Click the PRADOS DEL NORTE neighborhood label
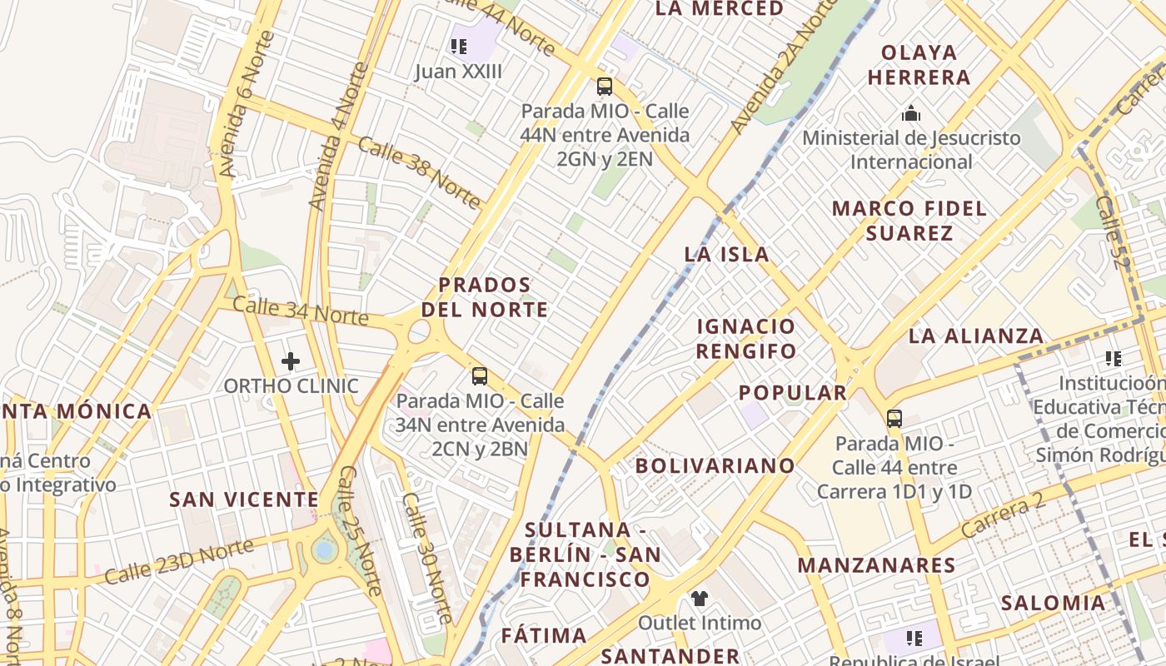click(x=485, y=297)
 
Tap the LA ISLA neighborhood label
click(x=726, y=255)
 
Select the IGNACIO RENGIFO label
click(x=746, y=338)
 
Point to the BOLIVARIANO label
click(x=715, y=465)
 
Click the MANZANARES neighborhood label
click(x=877, y=565)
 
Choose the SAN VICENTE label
click(x=244, y=499)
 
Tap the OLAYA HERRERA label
click(x=919, y=65)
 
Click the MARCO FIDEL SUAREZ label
click(x=909, y=221)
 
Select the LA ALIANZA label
click(x=976, y=336)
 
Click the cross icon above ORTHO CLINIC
click(x=291, y=361)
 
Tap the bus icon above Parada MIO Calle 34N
click(x=480, y=376)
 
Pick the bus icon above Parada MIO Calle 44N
click(x=605, y=86)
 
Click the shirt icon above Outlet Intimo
click(x=700, y=599)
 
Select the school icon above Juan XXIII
click(x=459, y=47)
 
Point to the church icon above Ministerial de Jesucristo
click(x=911, y=113)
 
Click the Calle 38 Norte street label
click(x=420, y=172)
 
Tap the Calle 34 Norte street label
click(x=300, y=311)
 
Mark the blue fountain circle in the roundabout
click(x=324, y=549)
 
